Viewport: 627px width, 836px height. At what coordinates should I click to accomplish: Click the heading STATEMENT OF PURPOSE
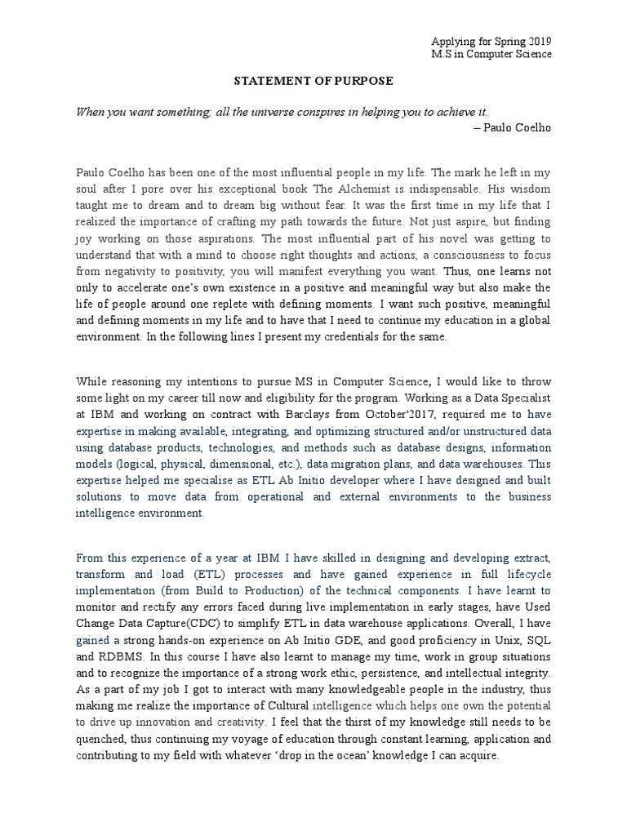click(314, 81)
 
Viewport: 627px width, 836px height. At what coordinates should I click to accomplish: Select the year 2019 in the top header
click(538, 41)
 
